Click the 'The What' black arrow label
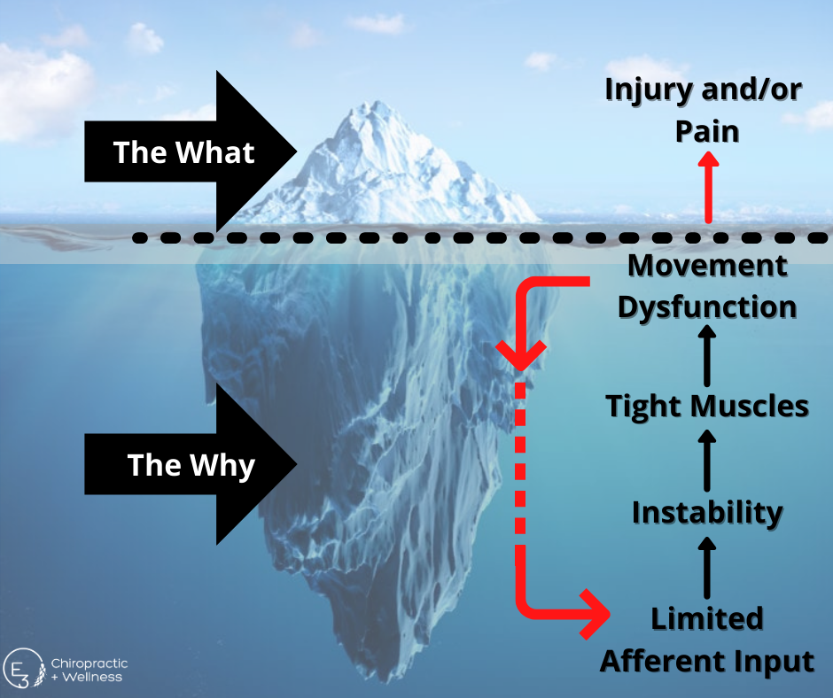click(183, 152)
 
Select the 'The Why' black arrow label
click(191, 465)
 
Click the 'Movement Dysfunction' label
click(706, 285)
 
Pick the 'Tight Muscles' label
click(706, 406)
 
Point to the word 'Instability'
click(706, 512)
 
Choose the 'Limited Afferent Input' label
click(706, 639)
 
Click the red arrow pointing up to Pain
click(706, 186)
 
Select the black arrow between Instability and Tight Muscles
click(706, 459)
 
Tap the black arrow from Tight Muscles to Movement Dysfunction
click(706, 354)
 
